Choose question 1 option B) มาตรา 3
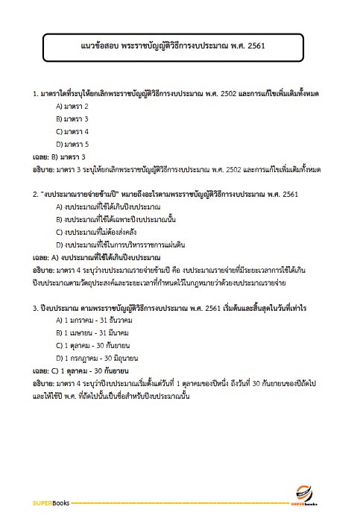click(72, 119)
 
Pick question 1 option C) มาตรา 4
click(72, 131)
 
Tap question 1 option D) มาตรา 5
click(72, 144)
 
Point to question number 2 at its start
click(35, 194)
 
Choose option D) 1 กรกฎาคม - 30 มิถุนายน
click(97, 357)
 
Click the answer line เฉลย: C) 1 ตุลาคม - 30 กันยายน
click(82, 370)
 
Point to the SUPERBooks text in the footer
click(51, 503)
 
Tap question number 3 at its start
click(35, 307)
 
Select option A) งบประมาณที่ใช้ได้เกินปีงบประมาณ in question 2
click(108, 206)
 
